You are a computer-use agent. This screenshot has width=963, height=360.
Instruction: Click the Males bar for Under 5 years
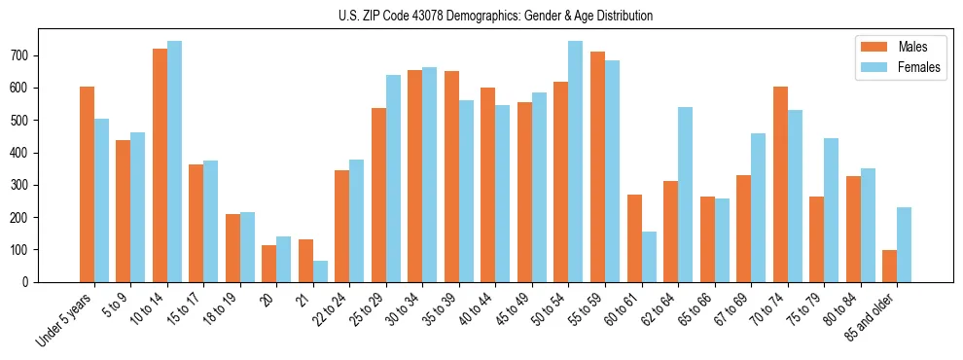87,184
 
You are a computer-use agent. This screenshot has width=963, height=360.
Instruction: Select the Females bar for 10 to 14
174,162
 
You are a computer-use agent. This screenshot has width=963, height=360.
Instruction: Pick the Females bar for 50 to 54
576,162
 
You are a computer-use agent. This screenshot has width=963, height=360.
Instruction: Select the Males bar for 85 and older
889,266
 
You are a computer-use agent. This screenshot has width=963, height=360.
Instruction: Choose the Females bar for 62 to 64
685,195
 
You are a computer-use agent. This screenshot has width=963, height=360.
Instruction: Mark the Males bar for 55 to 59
597,166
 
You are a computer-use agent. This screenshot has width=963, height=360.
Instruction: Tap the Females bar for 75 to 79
831,210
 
